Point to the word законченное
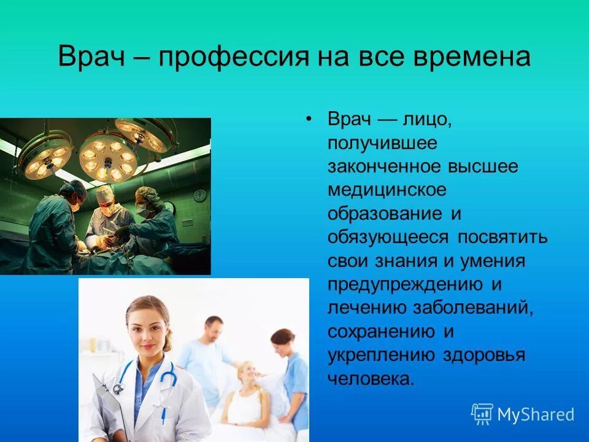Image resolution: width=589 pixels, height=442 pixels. [x=382, y=167]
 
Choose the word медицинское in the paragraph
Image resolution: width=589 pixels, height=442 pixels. [x=387, y=190]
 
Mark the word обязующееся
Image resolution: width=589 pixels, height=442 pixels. [x=383, y=238]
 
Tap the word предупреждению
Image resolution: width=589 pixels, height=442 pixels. [x=404, y=285]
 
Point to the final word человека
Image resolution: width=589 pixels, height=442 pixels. [x=371, y=379]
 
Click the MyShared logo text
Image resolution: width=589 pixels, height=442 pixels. [x=535, y=414]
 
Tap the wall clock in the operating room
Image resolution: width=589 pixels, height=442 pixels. [x=200, y=195]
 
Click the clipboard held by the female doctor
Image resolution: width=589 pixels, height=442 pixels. [x=110, y=408]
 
